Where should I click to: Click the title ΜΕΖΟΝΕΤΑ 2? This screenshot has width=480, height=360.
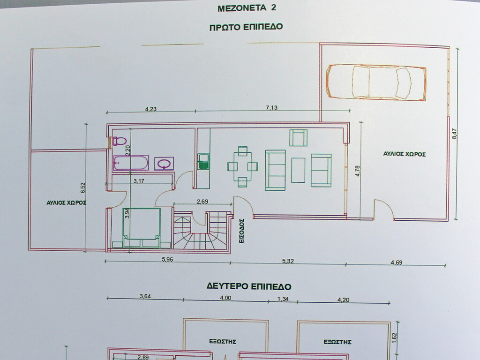[x=247, y=8]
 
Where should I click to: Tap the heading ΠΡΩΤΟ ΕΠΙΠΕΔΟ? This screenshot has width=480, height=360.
[x=246, y=27]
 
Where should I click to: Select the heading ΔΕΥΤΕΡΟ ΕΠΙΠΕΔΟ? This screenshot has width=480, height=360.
[x=249, y=286]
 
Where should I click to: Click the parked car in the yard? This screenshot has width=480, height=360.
[x=376, y=82]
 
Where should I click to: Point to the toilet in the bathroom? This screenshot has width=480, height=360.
[x=120, y=141]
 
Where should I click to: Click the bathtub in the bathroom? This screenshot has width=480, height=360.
[x=131, y=163]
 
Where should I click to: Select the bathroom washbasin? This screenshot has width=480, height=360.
[x=164, y=164]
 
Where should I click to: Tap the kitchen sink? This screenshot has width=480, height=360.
[x=203, y=162]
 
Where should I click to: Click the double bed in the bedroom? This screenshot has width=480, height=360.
[x=142, y=228]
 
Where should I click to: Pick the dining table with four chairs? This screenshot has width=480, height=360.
[x=242, y=166]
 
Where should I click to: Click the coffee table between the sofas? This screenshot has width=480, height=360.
[x=298, y=170]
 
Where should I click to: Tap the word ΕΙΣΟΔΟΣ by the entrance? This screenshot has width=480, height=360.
[x=241, y=231]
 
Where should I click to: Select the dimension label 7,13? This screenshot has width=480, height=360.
[x=271, y=108]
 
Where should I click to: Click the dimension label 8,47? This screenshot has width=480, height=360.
[x=454, y=134]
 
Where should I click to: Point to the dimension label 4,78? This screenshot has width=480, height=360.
[x=358, y=171]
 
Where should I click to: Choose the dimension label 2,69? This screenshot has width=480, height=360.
[x=202, y=202]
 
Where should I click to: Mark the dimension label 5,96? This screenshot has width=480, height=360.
[x=167, y=259]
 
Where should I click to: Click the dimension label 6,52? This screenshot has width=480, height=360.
[x=83, y=187]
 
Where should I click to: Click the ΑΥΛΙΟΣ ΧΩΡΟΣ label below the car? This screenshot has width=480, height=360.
[x=405, y=154]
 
